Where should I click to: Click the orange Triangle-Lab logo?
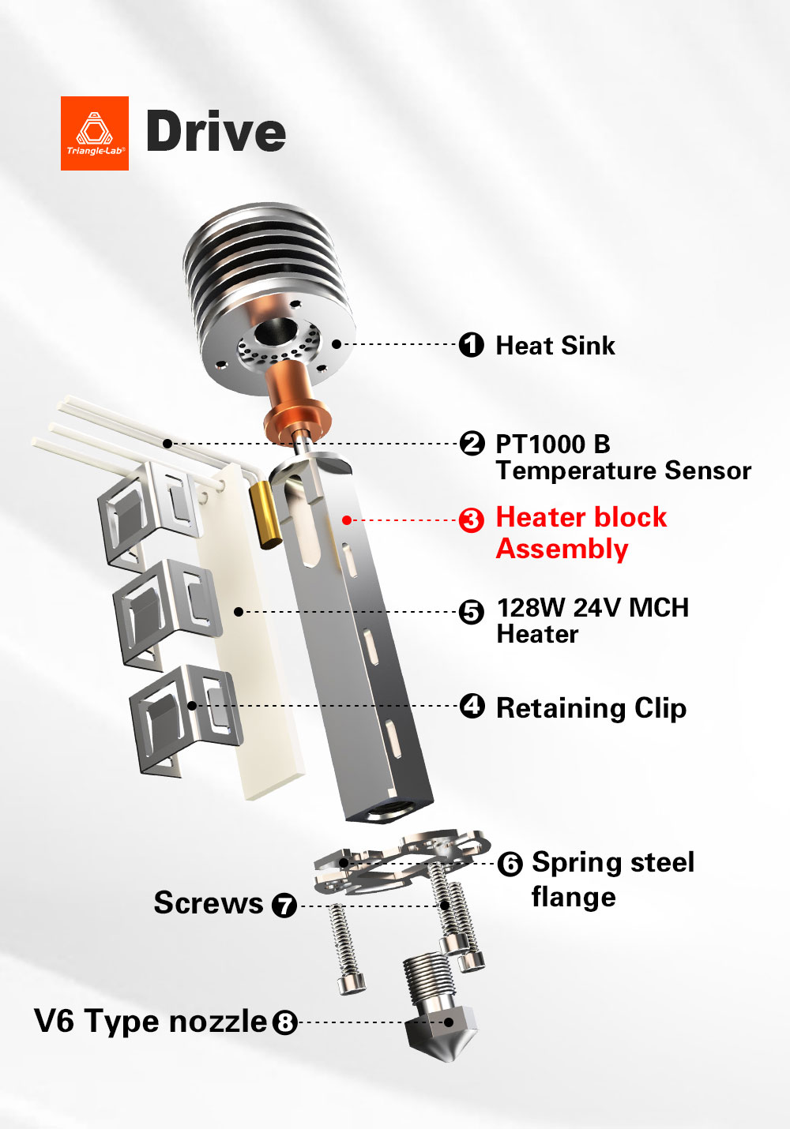(95, 133)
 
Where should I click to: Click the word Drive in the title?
(216, 132)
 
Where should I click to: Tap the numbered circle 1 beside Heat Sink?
(472, 345)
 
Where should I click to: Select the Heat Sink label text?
(555, 346)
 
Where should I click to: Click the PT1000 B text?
(553, 444)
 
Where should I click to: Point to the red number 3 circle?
(472, 520)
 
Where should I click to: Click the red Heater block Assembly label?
(581, 533)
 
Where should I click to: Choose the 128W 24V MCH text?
(592, 608)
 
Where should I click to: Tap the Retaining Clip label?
(591, 708)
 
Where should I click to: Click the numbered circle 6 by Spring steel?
(510, 865)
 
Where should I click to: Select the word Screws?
(209, 903)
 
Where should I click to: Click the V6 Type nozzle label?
(151, 1021)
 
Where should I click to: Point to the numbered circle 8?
(284, 1023)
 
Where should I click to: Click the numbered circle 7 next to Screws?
(284, 905)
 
